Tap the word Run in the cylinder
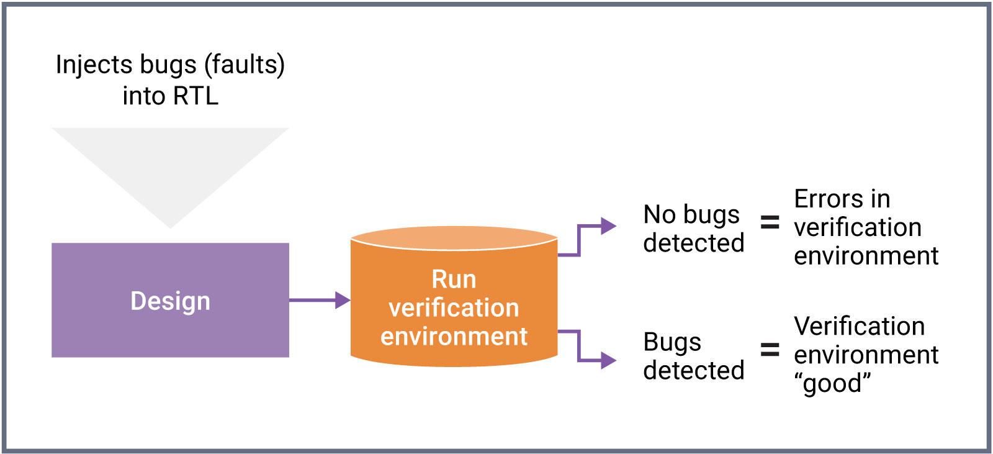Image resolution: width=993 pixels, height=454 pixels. click(454, 279)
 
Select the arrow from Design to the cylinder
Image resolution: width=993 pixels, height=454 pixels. click(320, 301)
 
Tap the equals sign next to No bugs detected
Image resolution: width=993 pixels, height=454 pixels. click(770, 222)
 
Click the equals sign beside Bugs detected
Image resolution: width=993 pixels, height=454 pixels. click(770, 350)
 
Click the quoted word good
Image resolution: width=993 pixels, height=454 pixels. click(832, 384)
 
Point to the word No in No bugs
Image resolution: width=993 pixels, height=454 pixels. click(659, 215)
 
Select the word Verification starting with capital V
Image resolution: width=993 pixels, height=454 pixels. click(859, 327)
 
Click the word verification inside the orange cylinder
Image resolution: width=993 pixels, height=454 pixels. click(454, 308)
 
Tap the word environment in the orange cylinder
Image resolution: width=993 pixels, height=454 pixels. click(454, 337)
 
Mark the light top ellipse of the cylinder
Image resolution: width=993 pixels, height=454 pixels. click(454, 238)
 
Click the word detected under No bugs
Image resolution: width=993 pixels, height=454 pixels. click(693, 243)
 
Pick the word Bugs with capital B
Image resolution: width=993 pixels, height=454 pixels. click(672, 342)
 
